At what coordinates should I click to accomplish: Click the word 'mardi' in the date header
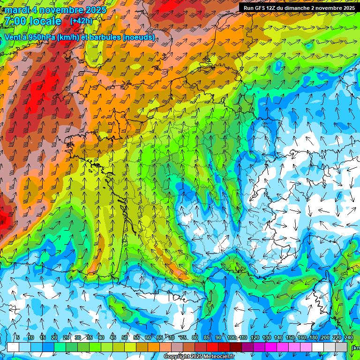(16, 10)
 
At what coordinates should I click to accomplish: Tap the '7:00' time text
(15, 21)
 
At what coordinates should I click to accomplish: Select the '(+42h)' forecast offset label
(81, 21)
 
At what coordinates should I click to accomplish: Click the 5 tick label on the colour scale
(17, 338)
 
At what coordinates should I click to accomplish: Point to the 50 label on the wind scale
(125, 338)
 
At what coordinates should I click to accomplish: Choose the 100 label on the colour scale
(231, 338)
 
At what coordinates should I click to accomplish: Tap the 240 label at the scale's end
(348, 338)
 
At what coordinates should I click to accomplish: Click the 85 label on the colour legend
(207, 338)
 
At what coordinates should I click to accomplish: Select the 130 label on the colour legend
(267, 338)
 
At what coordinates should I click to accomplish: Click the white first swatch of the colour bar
(13, 347)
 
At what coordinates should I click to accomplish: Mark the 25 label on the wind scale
(66, 338)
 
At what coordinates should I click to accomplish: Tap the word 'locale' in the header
(45, 21)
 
